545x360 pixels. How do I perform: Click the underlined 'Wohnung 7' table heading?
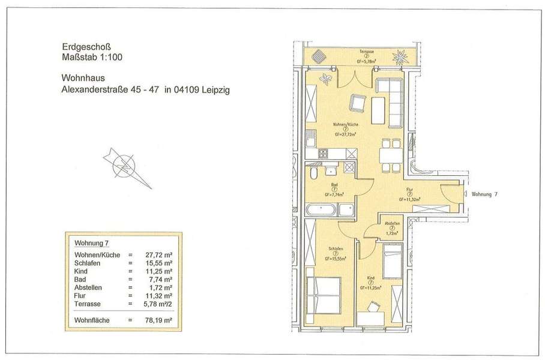91,244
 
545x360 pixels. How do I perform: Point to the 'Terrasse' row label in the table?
88,304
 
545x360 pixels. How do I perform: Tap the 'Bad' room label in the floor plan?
334,184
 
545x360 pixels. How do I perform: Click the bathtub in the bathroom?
321,210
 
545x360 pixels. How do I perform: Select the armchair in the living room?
359,103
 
